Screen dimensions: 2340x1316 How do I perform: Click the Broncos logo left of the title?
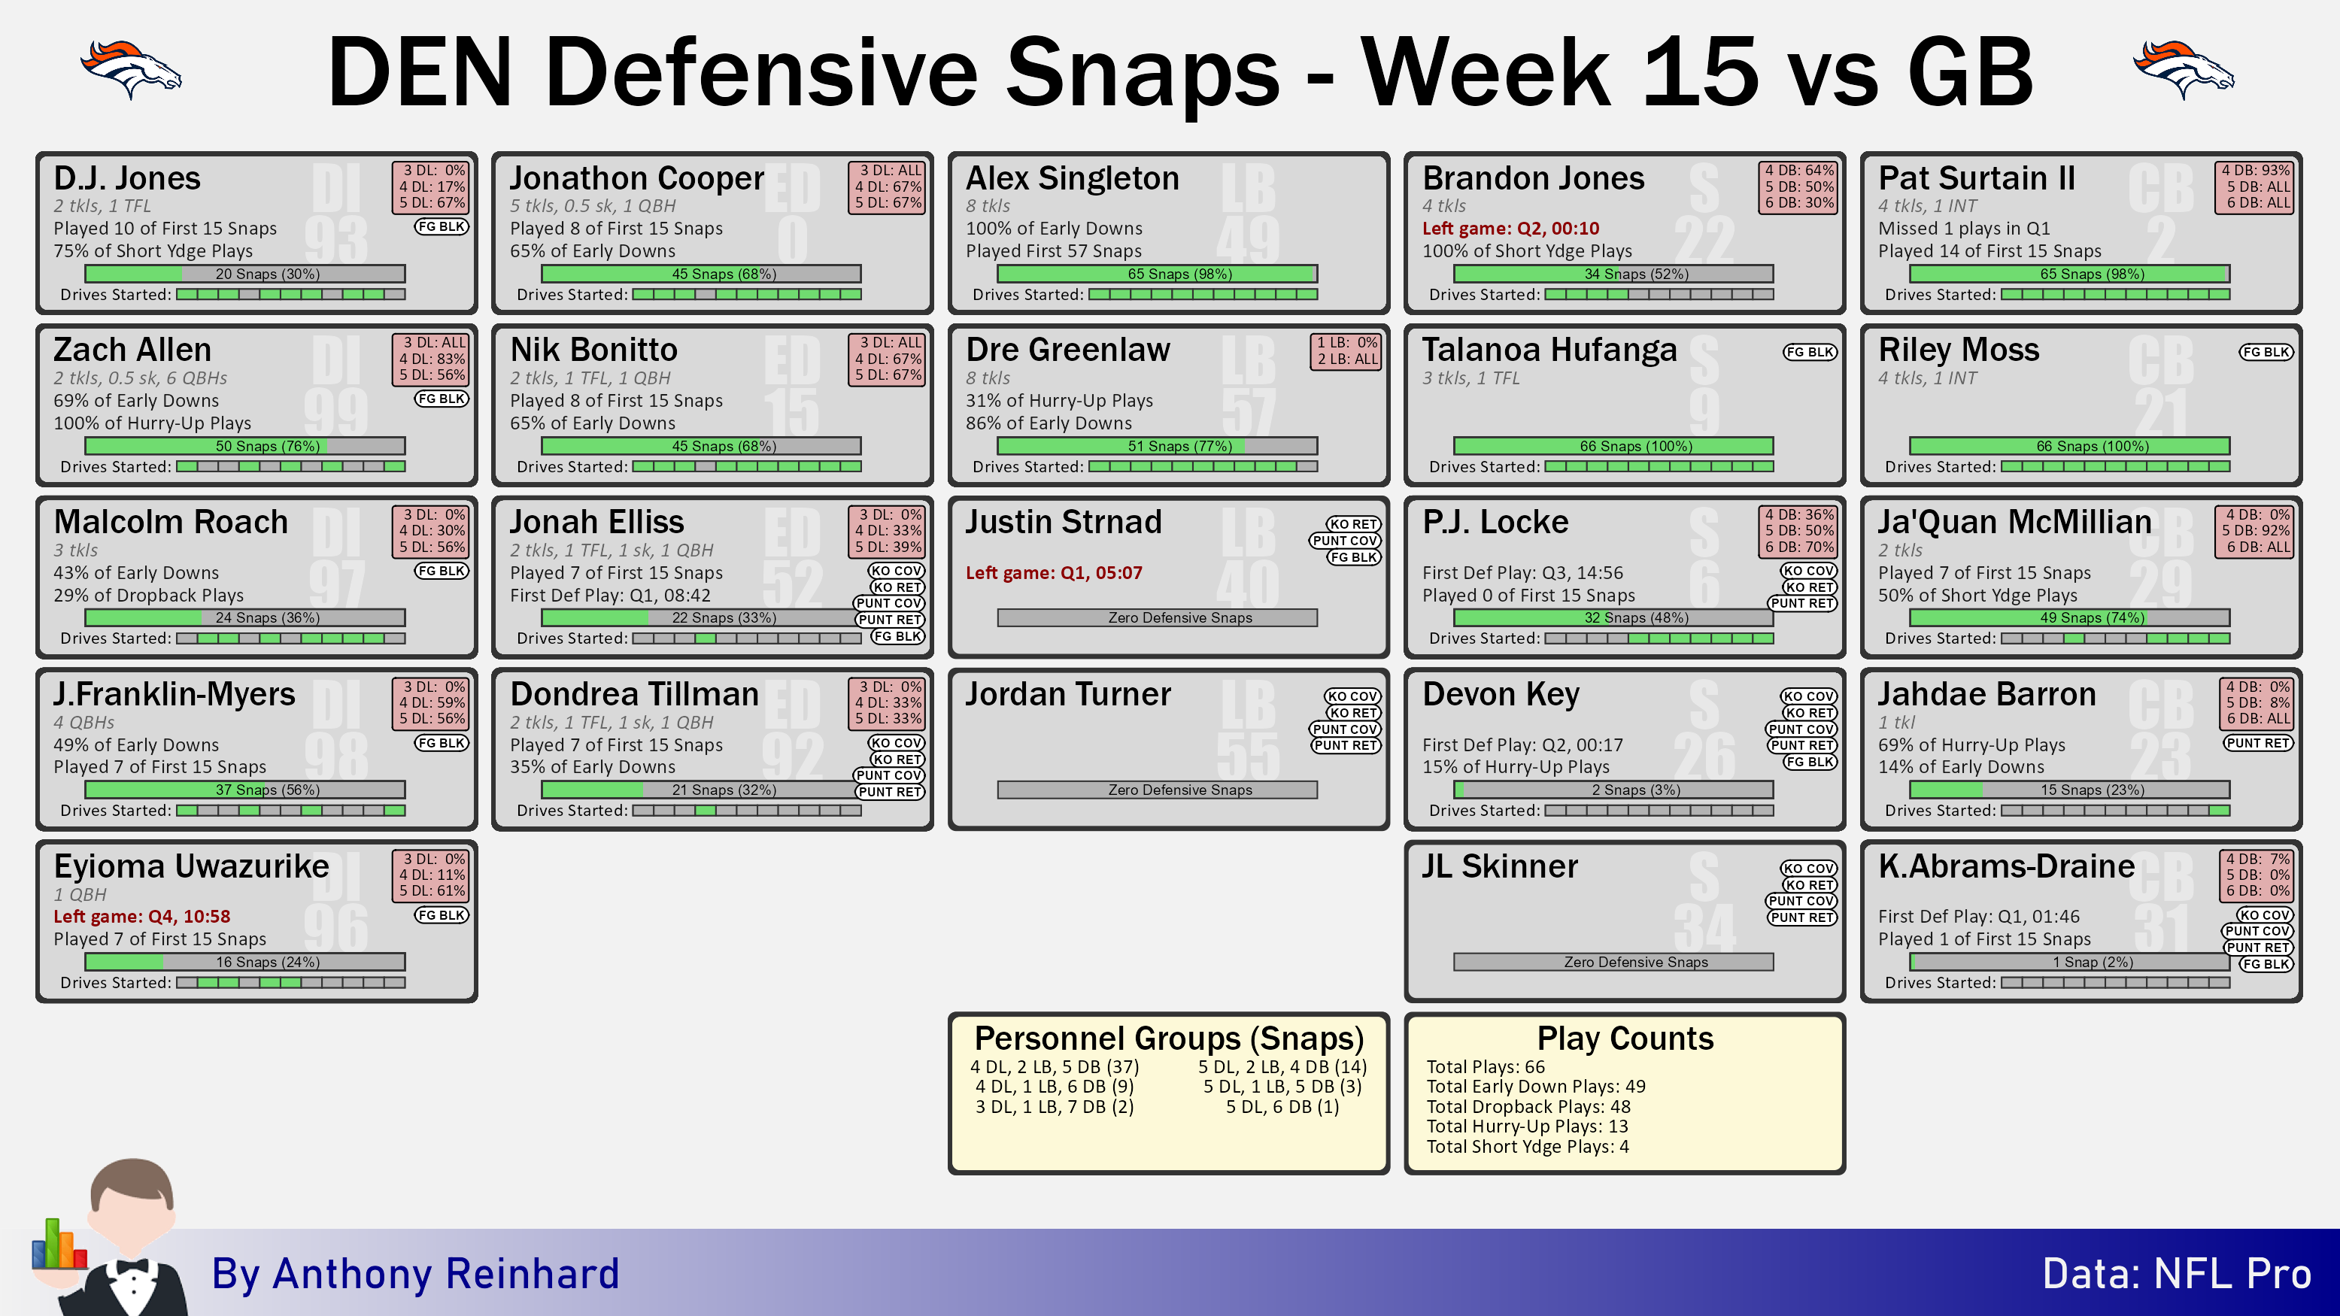[x=131, y=69]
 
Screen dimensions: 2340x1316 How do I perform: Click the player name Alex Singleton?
[x=1072, y=178]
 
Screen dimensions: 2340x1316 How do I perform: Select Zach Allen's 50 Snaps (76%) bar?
[x=245, y=446]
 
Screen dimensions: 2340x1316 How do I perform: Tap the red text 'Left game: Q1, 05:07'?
[x=1054, y=573]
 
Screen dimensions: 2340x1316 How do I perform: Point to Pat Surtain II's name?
[x=1977, y=178]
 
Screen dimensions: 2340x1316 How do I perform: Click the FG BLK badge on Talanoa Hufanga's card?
[x=1810, y=353]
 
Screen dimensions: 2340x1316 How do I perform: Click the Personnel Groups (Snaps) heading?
[x=1169, y=1038]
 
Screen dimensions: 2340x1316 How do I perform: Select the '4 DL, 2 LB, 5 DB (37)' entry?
[x=1055, y=1067]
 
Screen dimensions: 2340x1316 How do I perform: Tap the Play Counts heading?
[x=1625, y=1038]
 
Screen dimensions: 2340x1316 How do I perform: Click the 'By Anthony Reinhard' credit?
[x=415, y=1273]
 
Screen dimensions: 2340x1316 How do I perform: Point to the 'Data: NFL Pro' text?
[x=2177, y=1273]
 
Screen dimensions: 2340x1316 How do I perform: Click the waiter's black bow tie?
[x=132, y=1266]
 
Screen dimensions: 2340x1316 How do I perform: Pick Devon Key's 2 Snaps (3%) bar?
[x=1613, y=790]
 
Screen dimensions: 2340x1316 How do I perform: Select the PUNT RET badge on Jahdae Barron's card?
[x=2258, y=743]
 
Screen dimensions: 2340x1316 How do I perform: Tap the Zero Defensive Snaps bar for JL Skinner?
[x=1613, y=962]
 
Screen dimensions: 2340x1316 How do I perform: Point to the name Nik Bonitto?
[x=594, y=350]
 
